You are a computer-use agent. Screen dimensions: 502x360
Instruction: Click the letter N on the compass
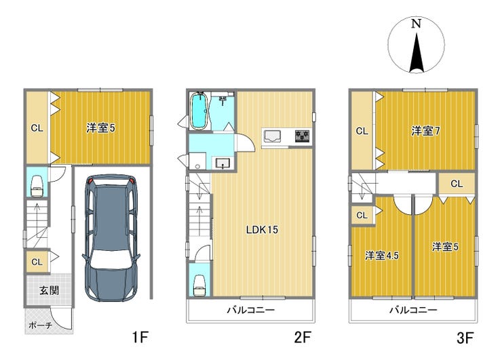[416, 24]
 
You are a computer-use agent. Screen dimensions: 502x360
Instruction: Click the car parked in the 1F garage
[111, 237]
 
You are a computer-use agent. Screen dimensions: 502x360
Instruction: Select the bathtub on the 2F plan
[199, 111]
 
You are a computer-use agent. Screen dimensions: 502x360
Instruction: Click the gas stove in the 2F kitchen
[303, 136]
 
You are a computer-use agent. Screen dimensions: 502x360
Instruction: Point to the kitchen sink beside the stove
[272, 136]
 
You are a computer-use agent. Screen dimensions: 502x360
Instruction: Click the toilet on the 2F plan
[199, 285]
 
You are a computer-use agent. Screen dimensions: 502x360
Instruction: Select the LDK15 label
[262, 229]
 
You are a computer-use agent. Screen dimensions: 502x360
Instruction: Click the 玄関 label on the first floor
[50, 291]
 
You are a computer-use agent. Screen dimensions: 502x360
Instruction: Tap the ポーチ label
[41, 325]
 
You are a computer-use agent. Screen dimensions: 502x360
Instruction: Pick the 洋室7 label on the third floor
[425, 131]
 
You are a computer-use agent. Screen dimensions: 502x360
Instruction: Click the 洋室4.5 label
[382, 256]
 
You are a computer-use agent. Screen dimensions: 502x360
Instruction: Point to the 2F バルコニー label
[251, 310]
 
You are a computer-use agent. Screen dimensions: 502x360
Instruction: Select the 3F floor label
[465, 337]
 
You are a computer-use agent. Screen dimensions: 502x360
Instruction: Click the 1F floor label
[140, 337]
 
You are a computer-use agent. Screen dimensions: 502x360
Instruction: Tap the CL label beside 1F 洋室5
[37, 128]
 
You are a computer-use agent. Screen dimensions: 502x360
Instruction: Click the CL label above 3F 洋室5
[457, 184]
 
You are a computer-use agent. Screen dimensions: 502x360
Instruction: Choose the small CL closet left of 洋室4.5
[362, 216]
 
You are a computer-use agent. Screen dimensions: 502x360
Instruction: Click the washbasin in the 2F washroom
[223, 163]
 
